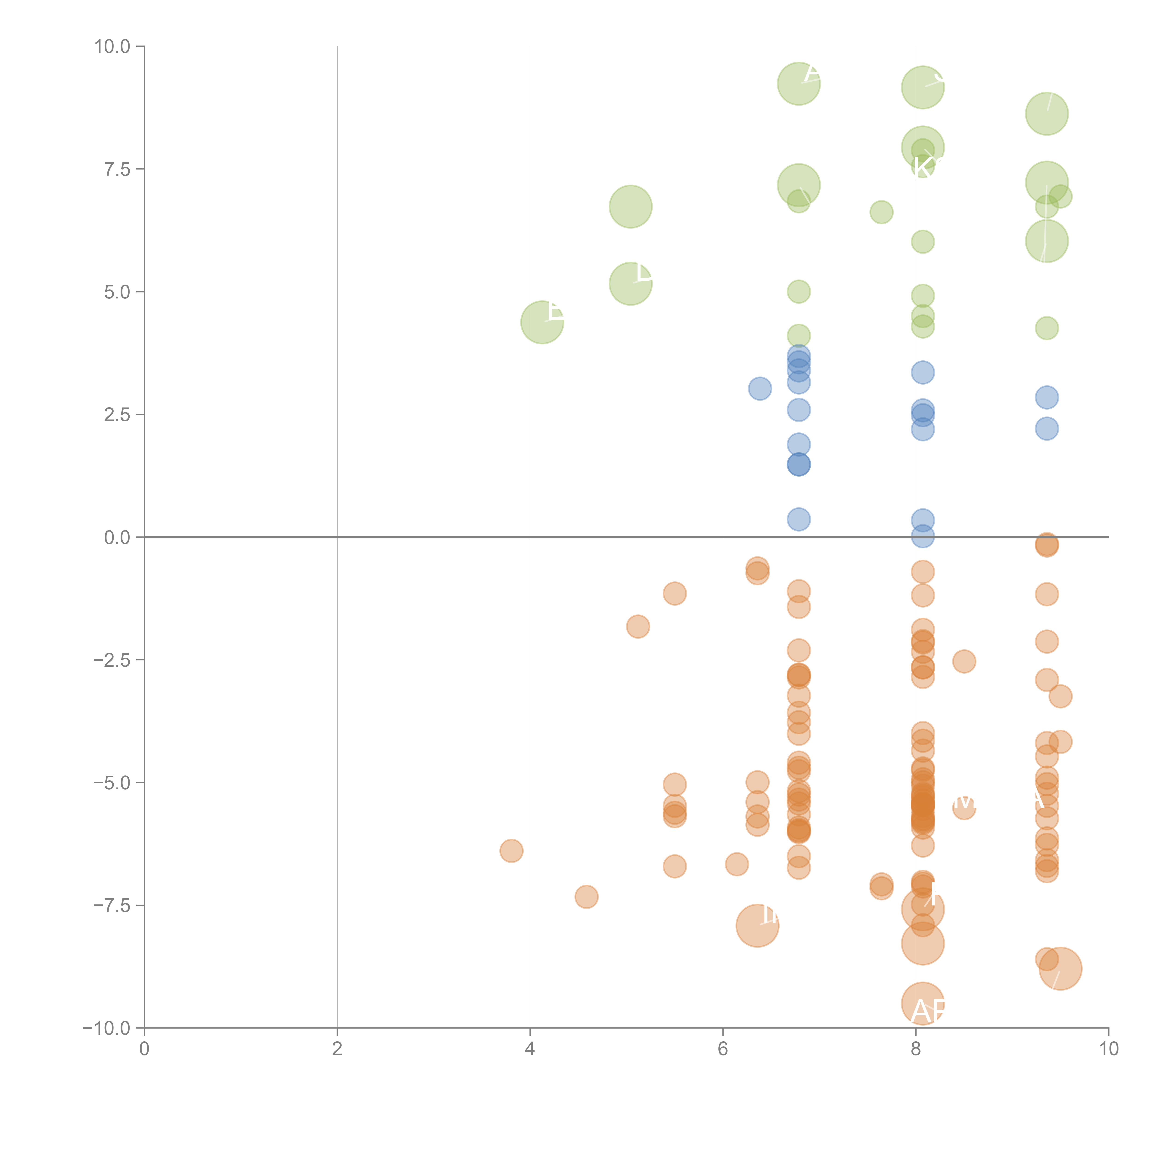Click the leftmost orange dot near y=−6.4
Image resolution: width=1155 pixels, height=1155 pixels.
point(511,851)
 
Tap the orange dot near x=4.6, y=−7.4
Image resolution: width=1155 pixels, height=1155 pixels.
point(587,897)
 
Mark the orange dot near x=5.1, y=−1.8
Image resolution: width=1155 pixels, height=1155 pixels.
point(638,626)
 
